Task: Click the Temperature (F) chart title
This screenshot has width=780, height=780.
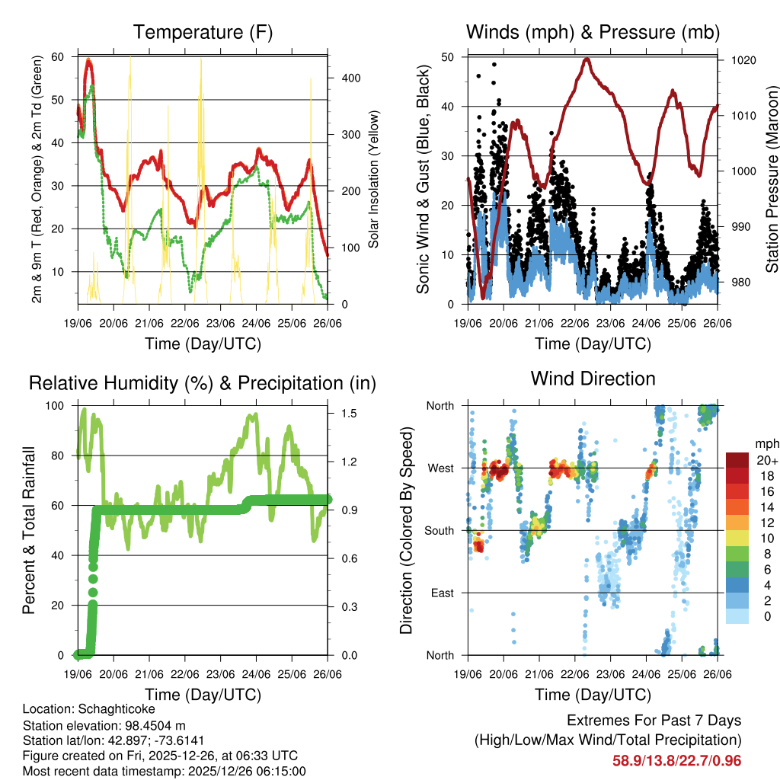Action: pos(203,33)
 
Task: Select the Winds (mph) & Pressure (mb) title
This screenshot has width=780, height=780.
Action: pos(593,33)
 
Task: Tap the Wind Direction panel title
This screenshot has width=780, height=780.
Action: pos(593,379)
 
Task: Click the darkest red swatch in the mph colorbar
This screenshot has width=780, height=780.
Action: pos(737,459)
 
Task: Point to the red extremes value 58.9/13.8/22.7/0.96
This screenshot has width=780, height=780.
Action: pos(676,760)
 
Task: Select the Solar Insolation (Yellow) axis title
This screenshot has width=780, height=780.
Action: pos(374,180)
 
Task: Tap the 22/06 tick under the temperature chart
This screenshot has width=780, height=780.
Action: pos(184,323)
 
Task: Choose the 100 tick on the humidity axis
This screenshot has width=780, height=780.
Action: pos(57,406)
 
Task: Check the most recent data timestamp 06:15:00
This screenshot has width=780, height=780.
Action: pos(281,772)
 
